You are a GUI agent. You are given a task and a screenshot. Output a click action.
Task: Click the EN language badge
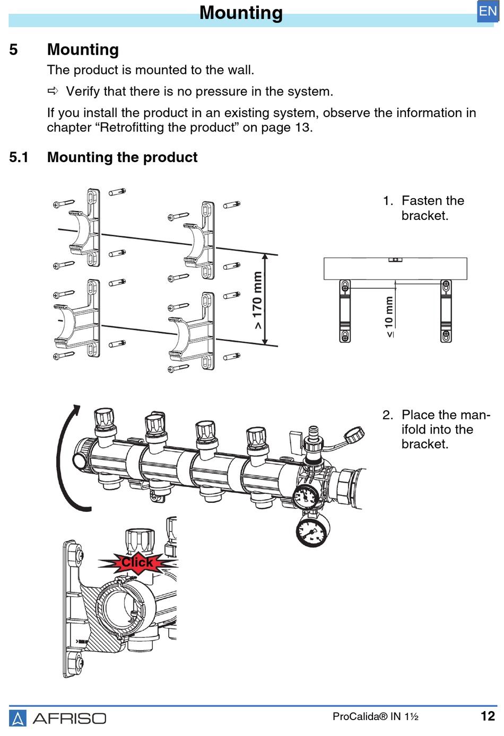[x=488, y=11]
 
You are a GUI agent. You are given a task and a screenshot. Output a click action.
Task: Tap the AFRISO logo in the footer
[x=58, y=718]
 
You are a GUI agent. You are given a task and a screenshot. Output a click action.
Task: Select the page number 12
[x=488, y=716]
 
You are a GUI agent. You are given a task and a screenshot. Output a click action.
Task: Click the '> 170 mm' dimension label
[x=257, y=300]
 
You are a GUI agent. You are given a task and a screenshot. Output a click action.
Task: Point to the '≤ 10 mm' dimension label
[x=389, y=316]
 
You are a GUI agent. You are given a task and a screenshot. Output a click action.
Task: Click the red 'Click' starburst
[x=137, y=562]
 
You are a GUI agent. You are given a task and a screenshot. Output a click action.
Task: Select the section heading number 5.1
[x=19, y=157]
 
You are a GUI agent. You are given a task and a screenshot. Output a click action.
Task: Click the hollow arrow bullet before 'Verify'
[x=53, y=91]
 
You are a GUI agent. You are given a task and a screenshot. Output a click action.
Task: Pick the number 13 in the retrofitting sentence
[x=303, y=128]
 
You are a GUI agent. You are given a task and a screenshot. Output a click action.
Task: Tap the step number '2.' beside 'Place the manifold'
[x=388, y=415]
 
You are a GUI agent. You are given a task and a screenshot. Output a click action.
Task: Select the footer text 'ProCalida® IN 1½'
[x=375, y=717]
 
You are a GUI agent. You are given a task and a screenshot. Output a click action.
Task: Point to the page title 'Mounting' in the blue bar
[x=241, y=13]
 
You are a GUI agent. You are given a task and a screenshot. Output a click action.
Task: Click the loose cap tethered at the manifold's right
[x=354, y=436]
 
